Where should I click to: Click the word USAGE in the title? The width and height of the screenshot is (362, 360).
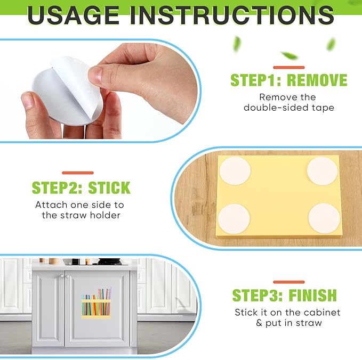tap(73, 15)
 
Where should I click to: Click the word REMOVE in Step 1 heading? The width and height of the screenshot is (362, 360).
tap(317, 80)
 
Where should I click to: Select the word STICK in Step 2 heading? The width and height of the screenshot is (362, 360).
tap(109, 188)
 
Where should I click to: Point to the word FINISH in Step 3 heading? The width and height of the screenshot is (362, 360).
tap(313, 295)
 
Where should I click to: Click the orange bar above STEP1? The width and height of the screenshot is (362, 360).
tap(289, 67)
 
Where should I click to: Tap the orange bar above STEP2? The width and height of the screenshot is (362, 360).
tap(78, 173)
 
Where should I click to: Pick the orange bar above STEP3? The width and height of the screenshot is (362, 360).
tap(289, 282)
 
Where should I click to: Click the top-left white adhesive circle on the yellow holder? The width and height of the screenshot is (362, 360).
tap(235, 171)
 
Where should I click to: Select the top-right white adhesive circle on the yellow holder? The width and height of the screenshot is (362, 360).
tap(323, 171)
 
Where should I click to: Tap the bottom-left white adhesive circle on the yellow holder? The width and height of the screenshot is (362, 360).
tap(234, 219)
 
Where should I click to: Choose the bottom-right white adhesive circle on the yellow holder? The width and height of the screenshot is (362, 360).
tap(324, 218)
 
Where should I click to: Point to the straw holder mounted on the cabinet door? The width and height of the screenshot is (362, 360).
tap(96, 304)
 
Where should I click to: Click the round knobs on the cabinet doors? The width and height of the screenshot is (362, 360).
tap(64, 276)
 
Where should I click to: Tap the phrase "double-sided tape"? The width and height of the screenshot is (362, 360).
tap(289, 108)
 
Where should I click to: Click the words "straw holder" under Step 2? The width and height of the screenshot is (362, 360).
tap(91, 215)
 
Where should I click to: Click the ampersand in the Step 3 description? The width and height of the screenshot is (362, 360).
tap(259, 323)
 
